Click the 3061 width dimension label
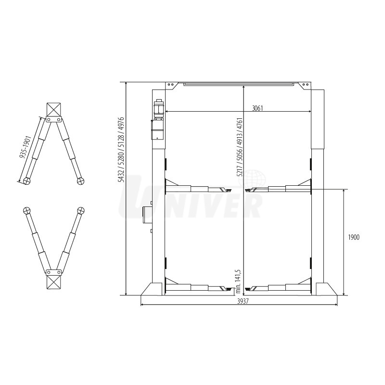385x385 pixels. tap(257, 108)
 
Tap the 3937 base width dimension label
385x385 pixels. tap(243, 302)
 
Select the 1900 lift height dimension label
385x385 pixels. tap(354, 237)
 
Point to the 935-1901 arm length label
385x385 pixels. tap(25, 147)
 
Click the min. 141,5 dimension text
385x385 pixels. tap(238, 282)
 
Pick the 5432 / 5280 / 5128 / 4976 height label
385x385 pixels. tap(121, 150)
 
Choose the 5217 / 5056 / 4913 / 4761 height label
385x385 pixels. tap(239, 147)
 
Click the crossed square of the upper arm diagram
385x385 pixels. tap(53, 110)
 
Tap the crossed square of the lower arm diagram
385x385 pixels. tap(53, 282)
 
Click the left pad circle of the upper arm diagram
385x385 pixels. tap(26, 181)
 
